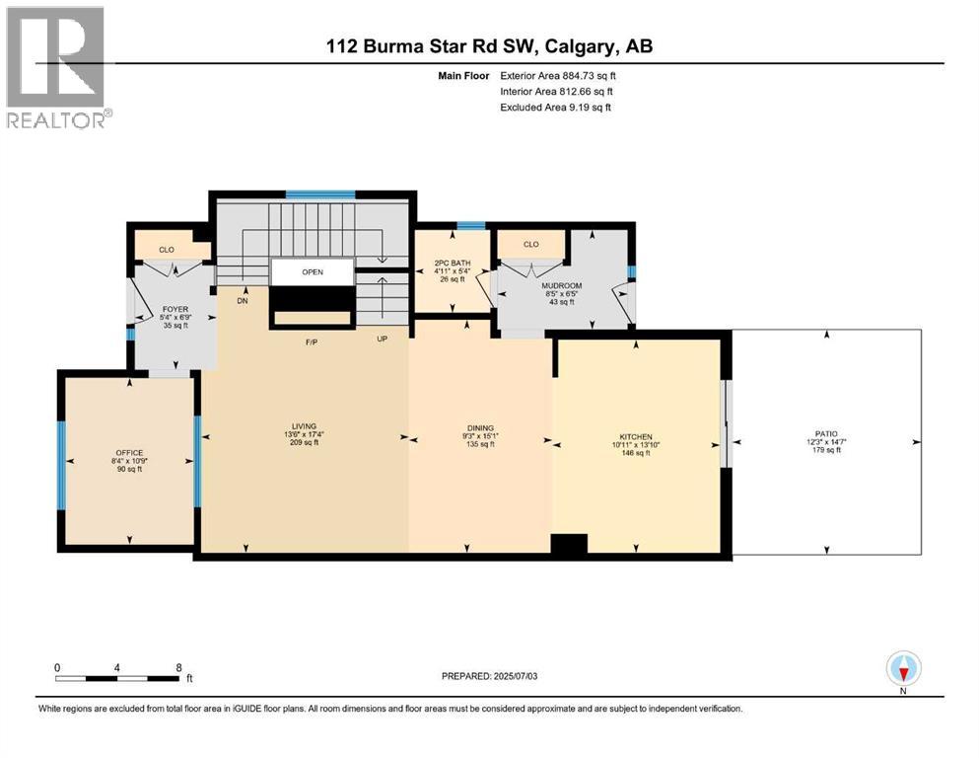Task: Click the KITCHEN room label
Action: [x=635, y=437]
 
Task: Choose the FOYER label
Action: [x=175, y=309]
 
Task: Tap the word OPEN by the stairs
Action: [x=313, y=272]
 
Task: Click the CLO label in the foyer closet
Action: [x=167, y=250]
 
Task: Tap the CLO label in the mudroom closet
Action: [x=530, y=244]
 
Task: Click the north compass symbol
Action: [x=903, y=669]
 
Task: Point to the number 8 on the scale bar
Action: [x=178, y=667]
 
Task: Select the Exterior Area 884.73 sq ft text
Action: [x=561, y=75]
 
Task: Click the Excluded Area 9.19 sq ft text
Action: [x=555, y=107]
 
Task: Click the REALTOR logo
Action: [x=57, y=68]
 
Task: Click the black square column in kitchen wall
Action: [x=569, y=544]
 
